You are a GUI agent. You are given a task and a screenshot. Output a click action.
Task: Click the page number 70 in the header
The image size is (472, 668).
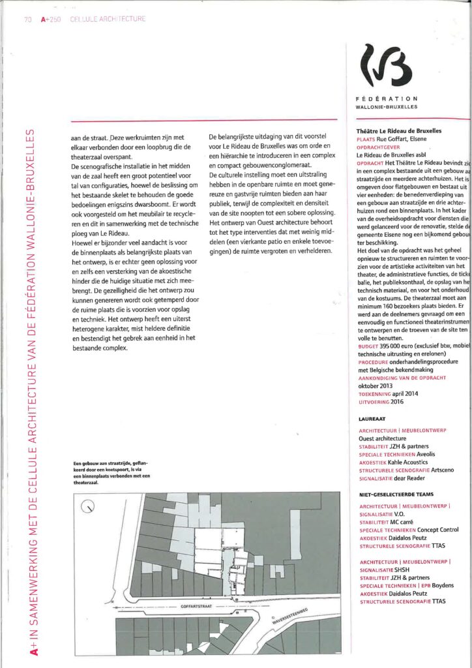click(27, 19)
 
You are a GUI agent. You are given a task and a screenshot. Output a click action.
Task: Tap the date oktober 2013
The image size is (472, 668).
click(377, 386)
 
